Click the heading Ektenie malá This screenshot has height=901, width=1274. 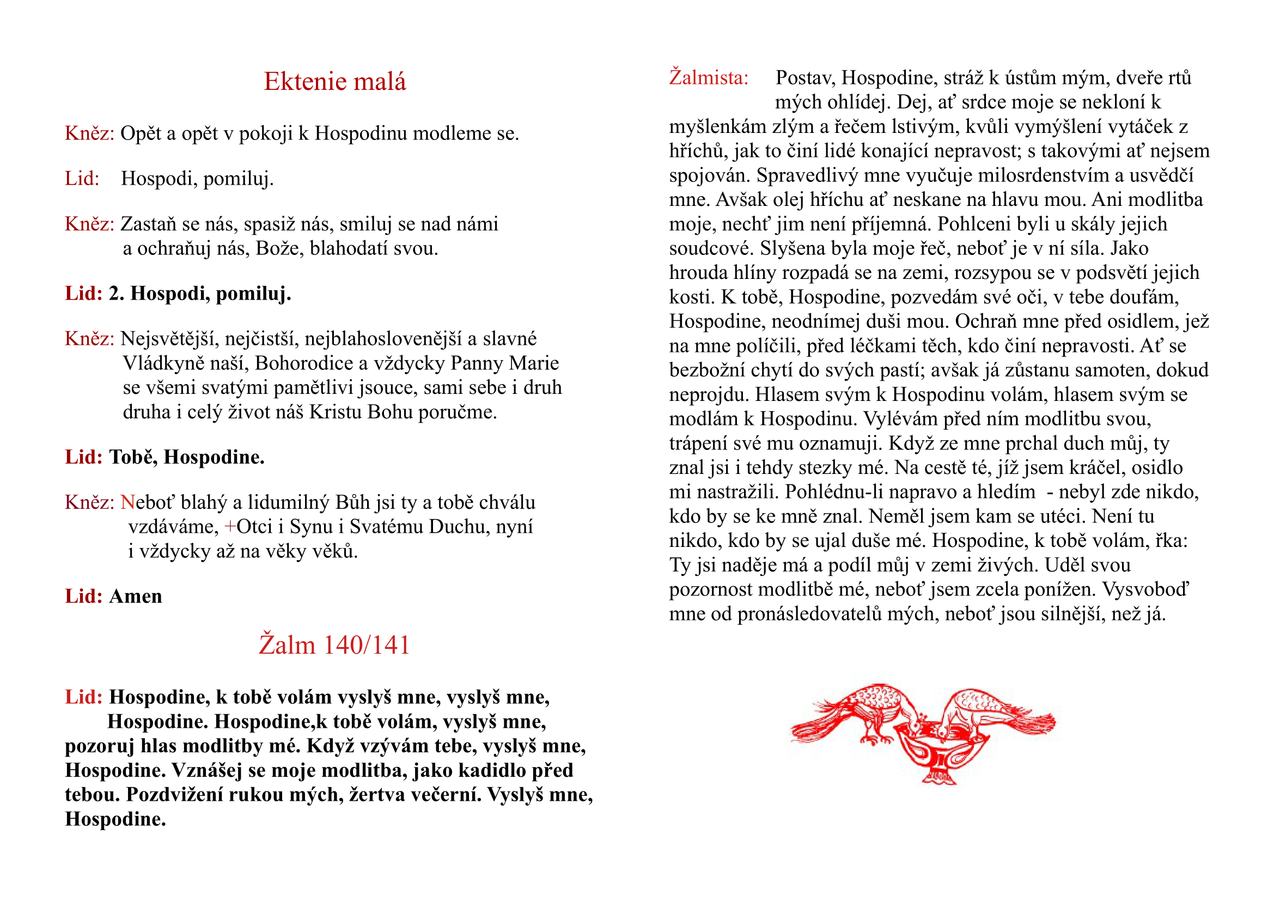point(334,82)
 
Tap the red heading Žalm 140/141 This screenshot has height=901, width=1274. point(334,644)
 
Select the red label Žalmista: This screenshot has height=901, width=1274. point(709,78)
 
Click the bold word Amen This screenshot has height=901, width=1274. point(136,596)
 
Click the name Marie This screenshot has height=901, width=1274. point(534,363)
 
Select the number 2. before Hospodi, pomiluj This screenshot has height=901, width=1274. point(117,294)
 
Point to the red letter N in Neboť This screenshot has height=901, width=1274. point(127,502)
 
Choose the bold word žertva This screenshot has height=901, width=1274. point(377,794)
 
